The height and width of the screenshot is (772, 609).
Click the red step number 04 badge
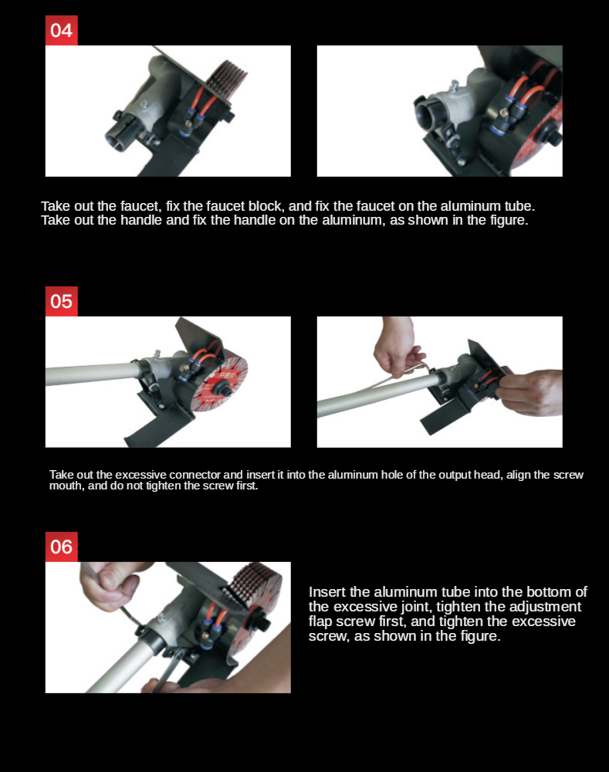[x=62, y=31]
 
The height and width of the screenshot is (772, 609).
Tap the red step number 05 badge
[x=62, y=301]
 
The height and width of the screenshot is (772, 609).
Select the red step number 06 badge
[x=62, y=547]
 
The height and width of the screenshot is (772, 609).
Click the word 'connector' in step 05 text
[x=195, y=475]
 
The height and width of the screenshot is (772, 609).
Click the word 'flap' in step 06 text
[x=320, y=621]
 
